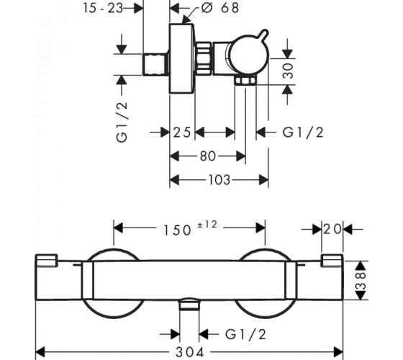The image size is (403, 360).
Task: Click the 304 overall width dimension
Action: (190, 352)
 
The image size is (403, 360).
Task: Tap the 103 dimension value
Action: (219, 180)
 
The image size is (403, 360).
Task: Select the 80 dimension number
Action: (208, 156)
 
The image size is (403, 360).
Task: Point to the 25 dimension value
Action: (182, 132)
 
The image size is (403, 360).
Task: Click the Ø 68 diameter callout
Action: (220, 8)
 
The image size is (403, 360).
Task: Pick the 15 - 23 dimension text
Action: (103, 8)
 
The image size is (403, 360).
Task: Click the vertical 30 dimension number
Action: (288, 71)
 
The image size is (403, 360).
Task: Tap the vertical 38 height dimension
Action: (361, 281)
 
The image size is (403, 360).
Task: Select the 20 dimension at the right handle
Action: (332, 229)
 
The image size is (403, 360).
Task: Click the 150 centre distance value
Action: (177, 230)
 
